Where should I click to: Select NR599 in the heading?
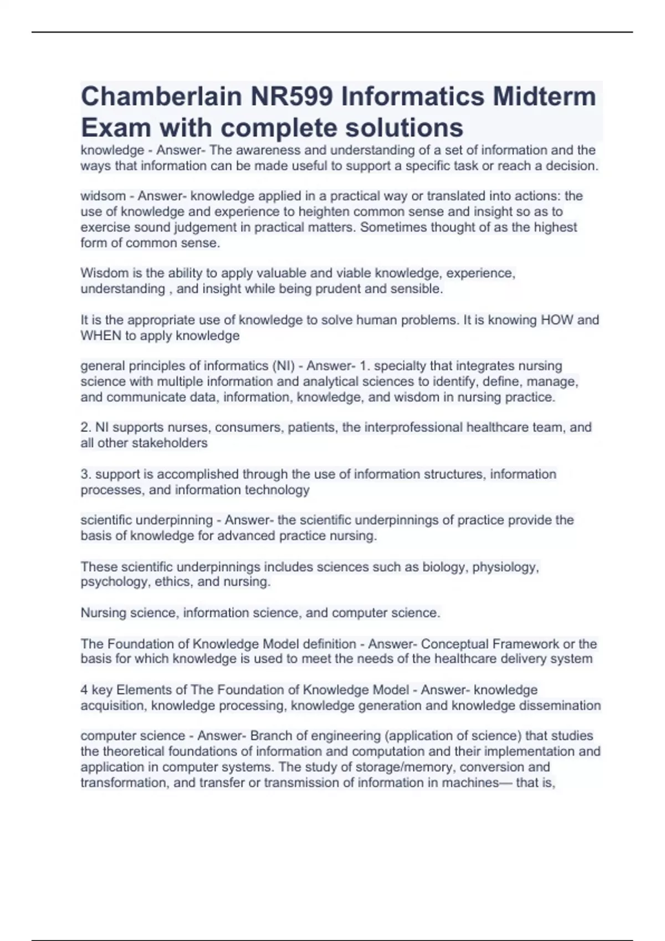tap(291, 97)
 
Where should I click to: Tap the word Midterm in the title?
tap(544, 97)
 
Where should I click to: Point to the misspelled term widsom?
tap(103, 196)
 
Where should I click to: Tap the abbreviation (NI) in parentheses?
tap(283, 366)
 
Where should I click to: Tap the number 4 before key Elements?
tap(84, 690)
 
